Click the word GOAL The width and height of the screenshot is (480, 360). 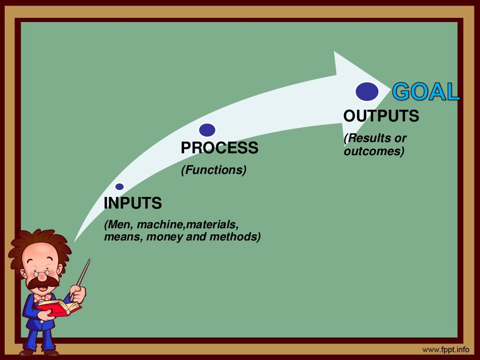(x=426, y=92)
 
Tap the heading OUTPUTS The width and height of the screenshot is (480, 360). (x=381, y=116)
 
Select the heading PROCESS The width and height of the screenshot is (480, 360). (x=219, y=148)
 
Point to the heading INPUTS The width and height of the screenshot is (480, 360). (x=133, y=203)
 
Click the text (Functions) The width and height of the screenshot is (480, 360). (x=214, y=170)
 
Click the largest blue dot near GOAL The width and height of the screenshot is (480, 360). (x=367, y=91)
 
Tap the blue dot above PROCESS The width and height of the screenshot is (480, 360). (x=207, y=130)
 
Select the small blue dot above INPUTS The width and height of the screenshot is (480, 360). (x=120, y=187)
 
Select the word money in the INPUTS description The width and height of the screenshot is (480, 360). (x=165, y=237)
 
